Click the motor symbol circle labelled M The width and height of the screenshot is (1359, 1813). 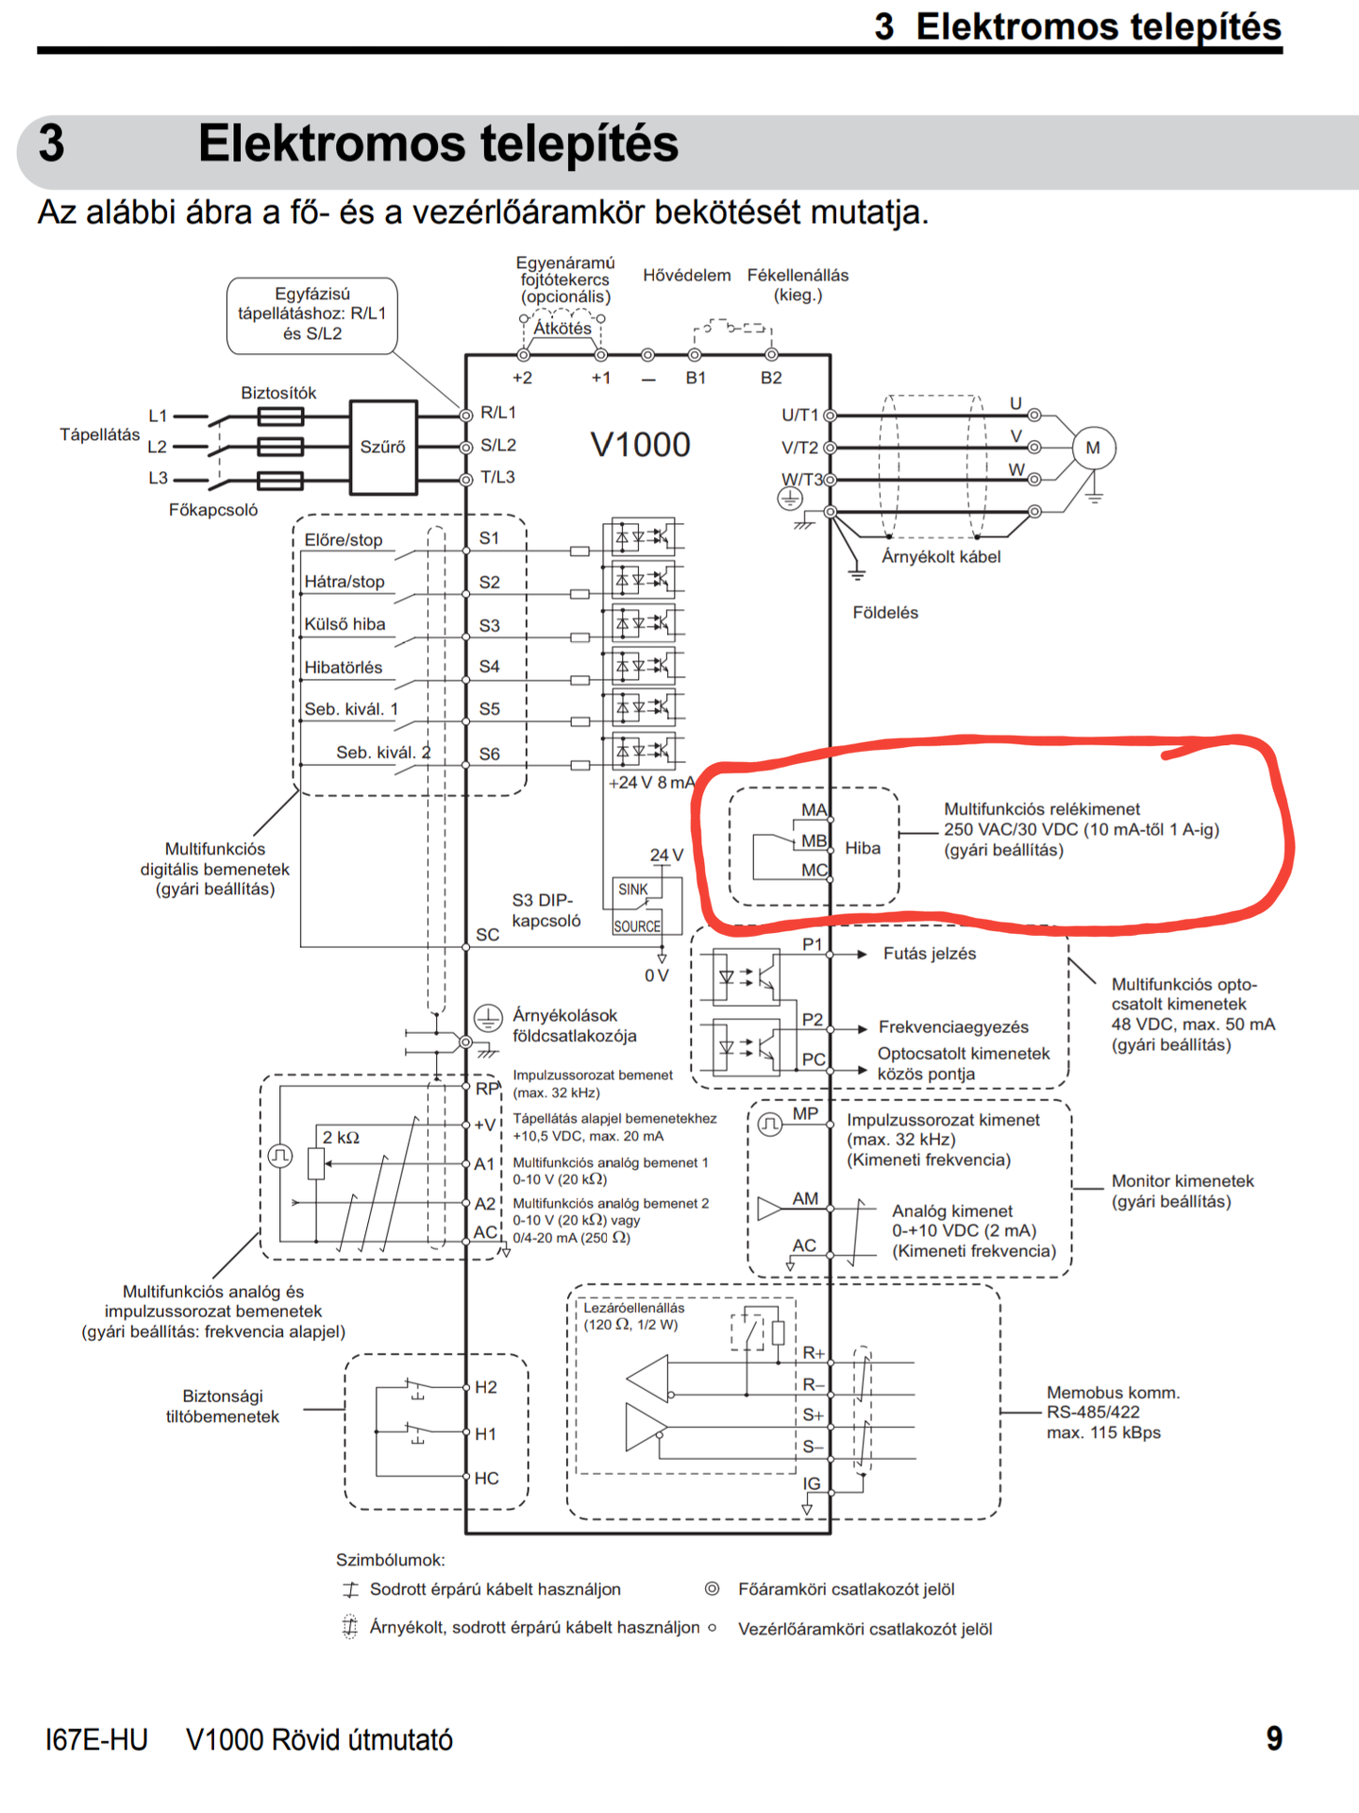coord(1093,448)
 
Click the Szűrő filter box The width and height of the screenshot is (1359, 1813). coord(383,448)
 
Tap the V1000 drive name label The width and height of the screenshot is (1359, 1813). coord(641,445)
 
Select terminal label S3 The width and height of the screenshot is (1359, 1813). coord(490,626)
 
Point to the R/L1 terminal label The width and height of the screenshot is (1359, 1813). coord(498,413)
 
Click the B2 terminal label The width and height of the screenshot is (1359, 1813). coord(771,378)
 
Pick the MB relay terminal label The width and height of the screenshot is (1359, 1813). coord(814,840)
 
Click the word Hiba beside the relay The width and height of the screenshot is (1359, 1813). coord(863,848)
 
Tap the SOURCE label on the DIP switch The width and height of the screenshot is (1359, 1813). coord(637,926)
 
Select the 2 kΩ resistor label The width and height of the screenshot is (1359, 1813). coord(342,1138)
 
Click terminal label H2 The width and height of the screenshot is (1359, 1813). coord(486,1387)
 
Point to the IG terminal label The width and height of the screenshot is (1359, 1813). coord(812,1483)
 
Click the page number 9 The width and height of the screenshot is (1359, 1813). coord(1274,1738)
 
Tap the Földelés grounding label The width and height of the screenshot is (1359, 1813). coord(885,613)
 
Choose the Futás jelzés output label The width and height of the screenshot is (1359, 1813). coord(930,954)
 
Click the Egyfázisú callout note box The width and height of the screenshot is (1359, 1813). coord(312,315)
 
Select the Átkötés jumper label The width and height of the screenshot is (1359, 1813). coord(562,329)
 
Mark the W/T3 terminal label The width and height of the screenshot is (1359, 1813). coord(801,480)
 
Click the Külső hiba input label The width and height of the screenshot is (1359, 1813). coord(344,624)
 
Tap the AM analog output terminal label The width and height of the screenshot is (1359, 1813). coord(805,1198)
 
